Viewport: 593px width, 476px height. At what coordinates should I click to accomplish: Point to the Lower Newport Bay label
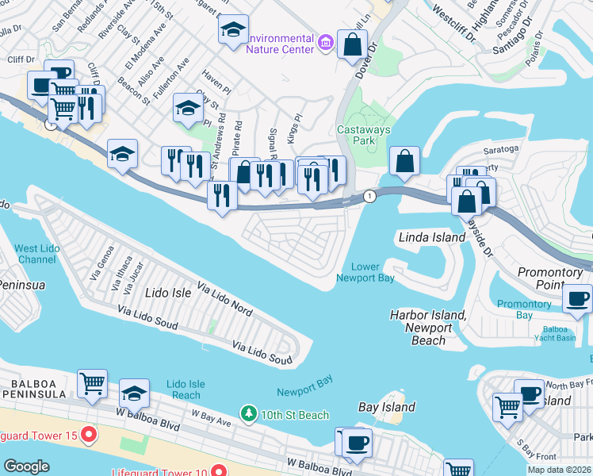coord(365,272)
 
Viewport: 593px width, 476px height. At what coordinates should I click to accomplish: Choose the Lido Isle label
coord(169,293)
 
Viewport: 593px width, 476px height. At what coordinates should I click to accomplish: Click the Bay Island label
coord(387,407)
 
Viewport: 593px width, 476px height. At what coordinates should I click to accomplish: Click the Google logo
coord(27,466)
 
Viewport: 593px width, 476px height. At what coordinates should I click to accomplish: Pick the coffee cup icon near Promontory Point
coord(577,298)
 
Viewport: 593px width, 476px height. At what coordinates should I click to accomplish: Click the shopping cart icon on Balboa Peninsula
coord(93,384)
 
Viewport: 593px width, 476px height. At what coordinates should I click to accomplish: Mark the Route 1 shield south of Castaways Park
coord(369,196)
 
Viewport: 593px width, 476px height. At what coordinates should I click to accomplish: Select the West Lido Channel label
coord(36,255)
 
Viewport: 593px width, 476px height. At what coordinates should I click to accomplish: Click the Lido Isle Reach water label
coord(186,390)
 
